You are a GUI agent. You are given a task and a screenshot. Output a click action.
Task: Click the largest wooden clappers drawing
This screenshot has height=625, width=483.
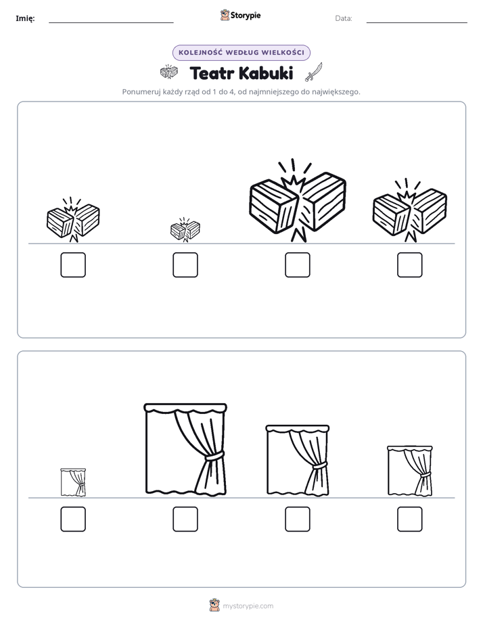pyautogui.click(x=297, y=202)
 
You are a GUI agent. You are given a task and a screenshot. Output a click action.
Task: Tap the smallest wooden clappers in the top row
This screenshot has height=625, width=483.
pyautogui.click(x=185, y=230)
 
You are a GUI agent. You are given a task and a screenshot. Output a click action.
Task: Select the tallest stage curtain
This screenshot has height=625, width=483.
pyautogui.click(x=185, y=450)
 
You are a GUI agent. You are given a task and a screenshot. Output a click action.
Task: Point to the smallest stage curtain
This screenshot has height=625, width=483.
pyautogui.click(x=73, y=482)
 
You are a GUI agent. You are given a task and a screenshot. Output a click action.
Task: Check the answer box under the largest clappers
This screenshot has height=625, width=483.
pyautogui.click(x=297, y=264)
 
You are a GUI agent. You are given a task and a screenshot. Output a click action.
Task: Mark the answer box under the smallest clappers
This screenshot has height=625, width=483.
pyautogui.click(x=185, y=264)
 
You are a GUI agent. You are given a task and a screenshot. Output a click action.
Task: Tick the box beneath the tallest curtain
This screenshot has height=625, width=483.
pyautogui.click(x=185, y=519)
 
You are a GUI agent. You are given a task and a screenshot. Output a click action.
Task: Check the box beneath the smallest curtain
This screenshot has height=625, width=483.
pyautogui.click(x=73, y=519)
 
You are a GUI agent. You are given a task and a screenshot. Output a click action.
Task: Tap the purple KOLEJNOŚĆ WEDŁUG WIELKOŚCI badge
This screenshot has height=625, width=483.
pyautogui.click(x=241, y=53)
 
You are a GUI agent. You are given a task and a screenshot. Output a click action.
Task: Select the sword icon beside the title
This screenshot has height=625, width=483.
pyautogui.click(x=314, y=72)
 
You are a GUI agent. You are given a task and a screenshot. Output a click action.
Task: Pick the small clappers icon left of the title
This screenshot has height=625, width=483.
pyautogui.click(x=169, y=72)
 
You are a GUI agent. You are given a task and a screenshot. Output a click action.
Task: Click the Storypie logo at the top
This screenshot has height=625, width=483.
pyautogui.click(x=240, y=16)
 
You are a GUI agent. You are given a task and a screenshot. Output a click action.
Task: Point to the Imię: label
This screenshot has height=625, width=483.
pyautogui.click(x=25, y=18)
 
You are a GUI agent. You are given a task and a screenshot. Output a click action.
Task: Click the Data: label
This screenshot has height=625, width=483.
pyautogui.click(x=344, y=18)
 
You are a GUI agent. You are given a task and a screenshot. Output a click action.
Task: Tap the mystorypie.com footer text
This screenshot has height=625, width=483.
pyautogui.click(x=248, y=606)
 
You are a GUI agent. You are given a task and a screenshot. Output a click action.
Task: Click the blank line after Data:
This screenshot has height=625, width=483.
pyautogui.click(x=417, y=22)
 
